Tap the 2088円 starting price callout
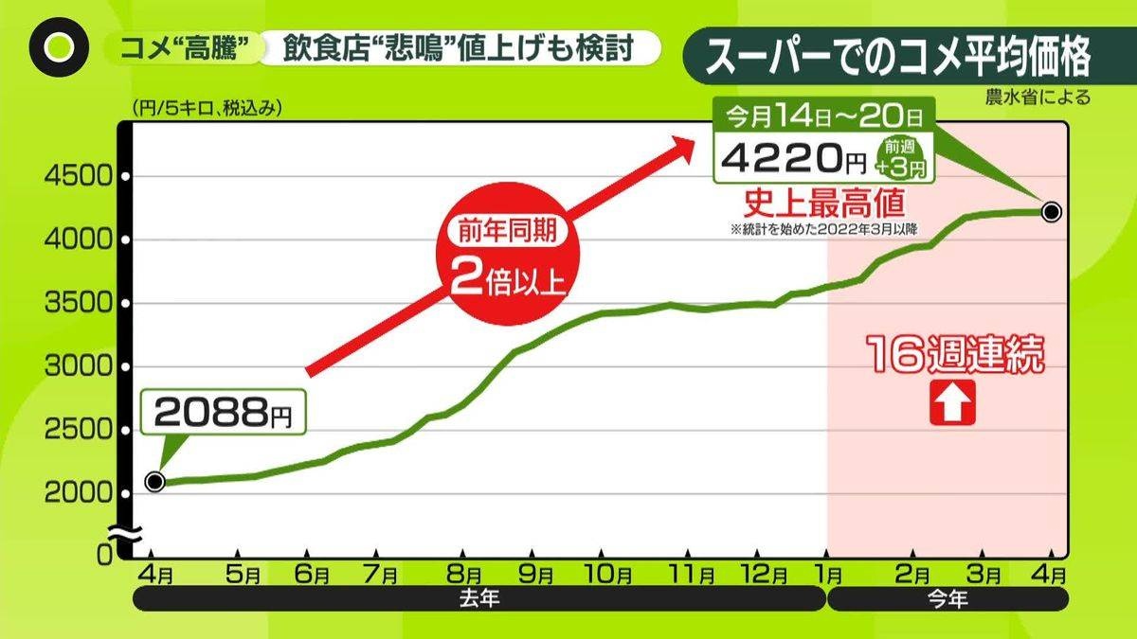[x=225, y=413]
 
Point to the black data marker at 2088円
[x=155, y=482]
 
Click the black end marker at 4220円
[x=1051, y=212]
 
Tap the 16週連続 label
[x=956, y=357]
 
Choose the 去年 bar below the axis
[x=478, y=599]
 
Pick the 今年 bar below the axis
[x=948, y=599]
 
